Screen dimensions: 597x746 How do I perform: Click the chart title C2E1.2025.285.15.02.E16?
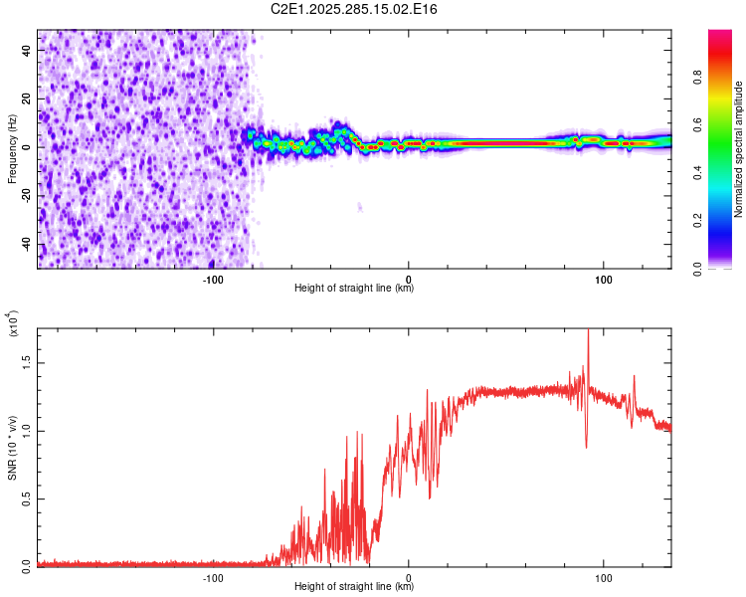tap(354, 9)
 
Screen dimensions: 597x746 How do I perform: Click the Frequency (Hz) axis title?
tap(12, 148)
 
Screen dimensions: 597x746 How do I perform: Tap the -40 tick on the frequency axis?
tap(25, 245)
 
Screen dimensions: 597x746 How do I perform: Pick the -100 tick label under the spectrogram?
tap(212, 280)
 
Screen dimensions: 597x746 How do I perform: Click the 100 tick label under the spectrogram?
tap(603, 280)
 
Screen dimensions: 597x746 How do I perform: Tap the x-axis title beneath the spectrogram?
tap(354, 289)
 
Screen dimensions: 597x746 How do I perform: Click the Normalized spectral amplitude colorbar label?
tap(739, 149)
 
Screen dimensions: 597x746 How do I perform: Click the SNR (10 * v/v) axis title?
tap(12, 447)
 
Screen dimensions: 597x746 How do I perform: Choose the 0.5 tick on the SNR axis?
tap(25, 498)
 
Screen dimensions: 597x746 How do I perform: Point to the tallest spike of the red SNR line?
tap(588, 332)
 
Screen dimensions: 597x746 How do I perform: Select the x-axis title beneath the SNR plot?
tap(354, 587)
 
